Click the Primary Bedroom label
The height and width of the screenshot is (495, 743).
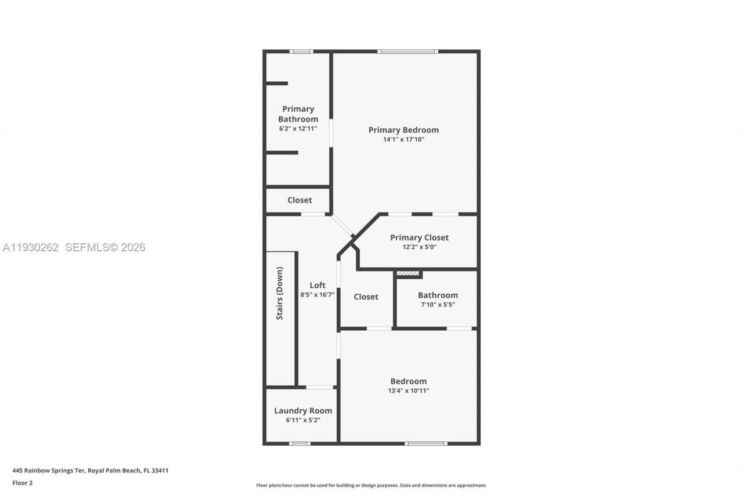[403, 130]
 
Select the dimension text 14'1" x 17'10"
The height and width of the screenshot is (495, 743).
[403, 139]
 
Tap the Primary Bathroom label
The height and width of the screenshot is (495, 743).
[298, 114]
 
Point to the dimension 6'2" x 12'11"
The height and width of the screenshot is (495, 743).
[298, 128]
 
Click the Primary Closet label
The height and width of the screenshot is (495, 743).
[419, 237]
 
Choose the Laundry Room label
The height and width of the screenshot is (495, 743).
[303, 411]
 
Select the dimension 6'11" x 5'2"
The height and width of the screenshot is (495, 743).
[303, 420]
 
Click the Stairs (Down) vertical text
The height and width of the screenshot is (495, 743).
[280, 293]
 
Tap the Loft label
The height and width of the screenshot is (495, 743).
[318, 285]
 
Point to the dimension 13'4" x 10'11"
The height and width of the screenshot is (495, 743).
[408, 391]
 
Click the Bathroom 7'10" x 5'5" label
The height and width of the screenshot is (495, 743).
[438, 295]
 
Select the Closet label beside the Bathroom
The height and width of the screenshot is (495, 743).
[366, 297]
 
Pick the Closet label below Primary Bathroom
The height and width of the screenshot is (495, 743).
[300, 200]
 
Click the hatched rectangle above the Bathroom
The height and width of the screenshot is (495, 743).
[408, 273]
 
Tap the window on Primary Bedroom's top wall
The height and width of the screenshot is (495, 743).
[407, 52]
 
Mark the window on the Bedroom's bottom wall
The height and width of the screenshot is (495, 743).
[425, 443]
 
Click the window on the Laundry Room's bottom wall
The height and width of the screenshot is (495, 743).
[300, 443]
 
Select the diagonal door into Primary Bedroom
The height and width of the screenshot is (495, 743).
[342, 226]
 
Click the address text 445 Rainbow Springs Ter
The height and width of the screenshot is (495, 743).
[49, 471]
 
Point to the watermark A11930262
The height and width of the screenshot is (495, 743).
[31, 247]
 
